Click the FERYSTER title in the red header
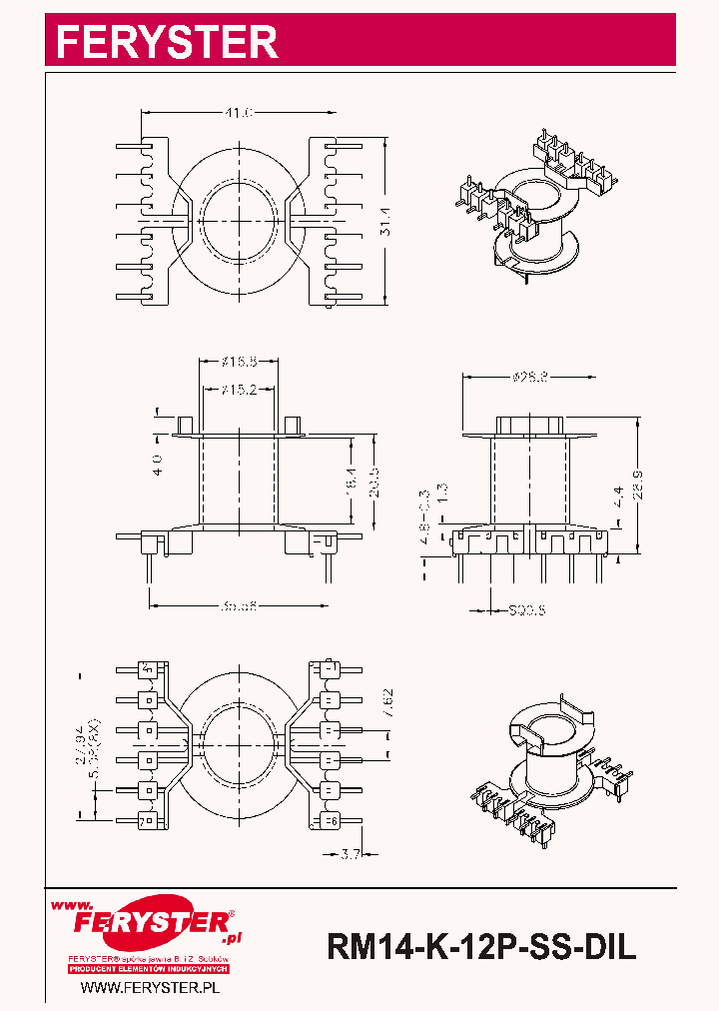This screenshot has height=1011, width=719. (x=166, y=41)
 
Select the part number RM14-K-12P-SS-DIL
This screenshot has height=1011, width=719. (x=481, y=946)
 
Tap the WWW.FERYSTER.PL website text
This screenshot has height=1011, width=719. (x=149, y=987)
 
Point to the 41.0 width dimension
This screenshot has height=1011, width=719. (x=238, y=115)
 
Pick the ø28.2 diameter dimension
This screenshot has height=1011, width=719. (x=530, y=377)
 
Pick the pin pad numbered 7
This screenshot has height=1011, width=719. (x=148, y=821)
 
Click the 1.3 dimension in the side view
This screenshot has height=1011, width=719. (x=443, y=493)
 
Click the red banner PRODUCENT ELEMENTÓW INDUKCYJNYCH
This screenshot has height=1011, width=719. (x=149, y=969)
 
